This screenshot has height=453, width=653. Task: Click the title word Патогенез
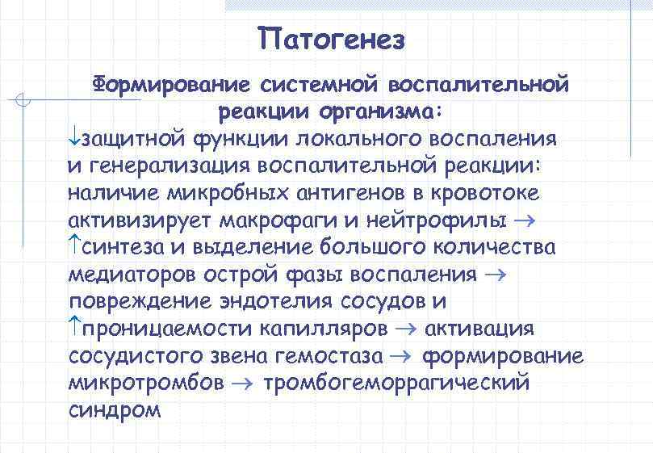coord(331,38)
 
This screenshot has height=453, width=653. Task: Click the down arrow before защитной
coord(74,137)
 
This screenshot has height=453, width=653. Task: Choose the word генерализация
coord(167,166)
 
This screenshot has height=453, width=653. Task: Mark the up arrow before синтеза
coord(74,245)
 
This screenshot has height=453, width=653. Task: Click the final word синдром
coord(115,409)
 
